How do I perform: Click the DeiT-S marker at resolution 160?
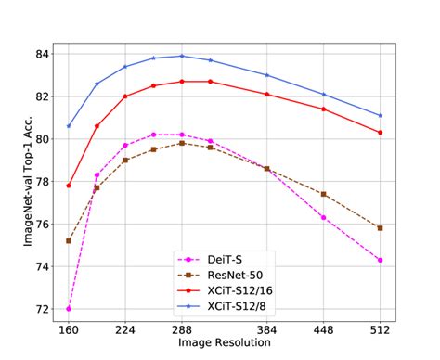coord(69,308)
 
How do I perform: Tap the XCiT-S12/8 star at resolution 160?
coord(69,126)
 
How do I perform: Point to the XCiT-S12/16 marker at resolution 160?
coord(69,186)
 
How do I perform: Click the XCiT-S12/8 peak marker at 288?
coord(182,56)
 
